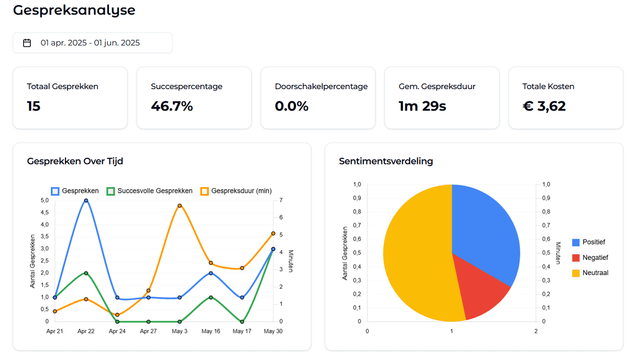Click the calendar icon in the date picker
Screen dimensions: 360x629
click(27, 43)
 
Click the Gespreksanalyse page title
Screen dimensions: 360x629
click(74, 10)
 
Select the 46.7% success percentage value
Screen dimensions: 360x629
click(172, 106)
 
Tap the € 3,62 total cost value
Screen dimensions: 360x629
click(544, 106)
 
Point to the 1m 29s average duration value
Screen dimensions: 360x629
click(422, 106)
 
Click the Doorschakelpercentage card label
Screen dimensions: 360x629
click(321, 86)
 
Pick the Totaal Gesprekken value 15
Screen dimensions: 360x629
click(34, 106)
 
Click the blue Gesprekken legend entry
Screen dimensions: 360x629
click(76, 191)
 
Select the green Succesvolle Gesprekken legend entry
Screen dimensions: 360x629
click(149, 191)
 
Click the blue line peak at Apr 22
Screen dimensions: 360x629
click(86, 200)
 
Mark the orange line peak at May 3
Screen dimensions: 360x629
click(179, 205)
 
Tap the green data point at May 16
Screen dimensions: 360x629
click(211, 297)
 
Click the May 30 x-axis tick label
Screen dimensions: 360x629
click(273, 331)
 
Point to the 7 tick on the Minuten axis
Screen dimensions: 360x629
click(281, 200)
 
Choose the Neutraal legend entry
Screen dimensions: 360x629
click(590, 272)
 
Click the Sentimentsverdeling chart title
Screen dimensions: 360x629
click(386, 161)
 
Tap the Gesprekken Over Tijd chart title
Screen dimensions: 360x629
click(75, 161)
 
